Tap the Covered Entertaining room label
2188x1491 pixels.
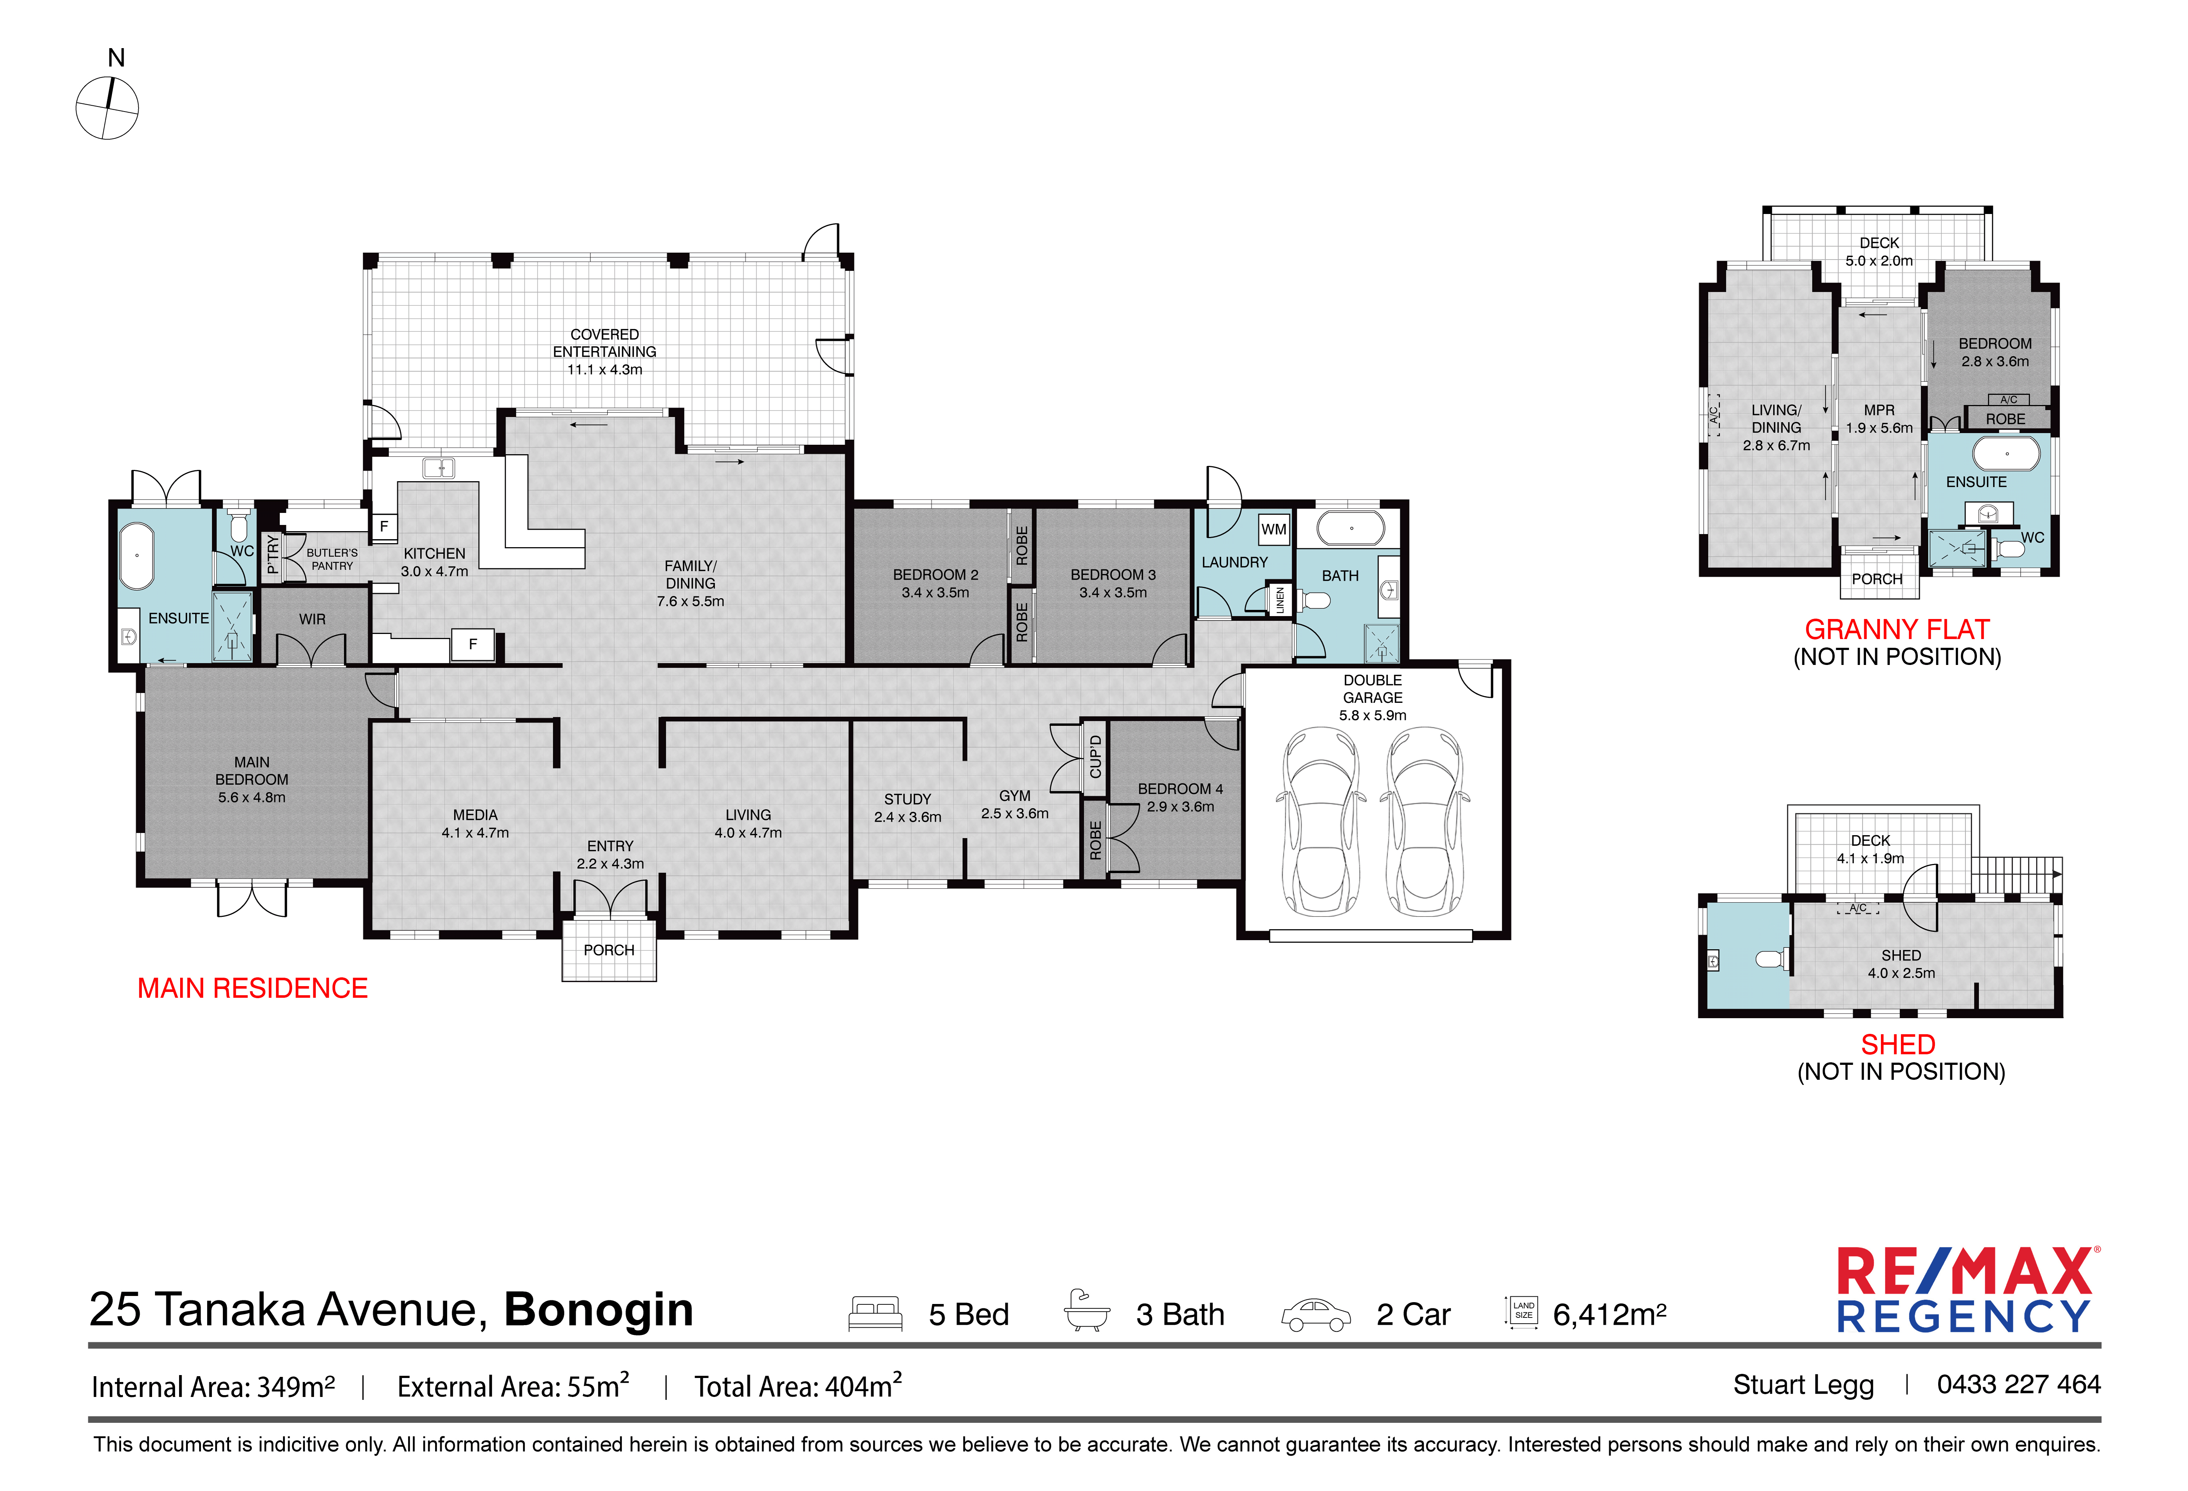604,351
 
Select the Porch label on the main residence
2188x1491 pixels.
609,950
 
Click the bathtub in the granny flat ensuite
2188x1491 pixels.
2006,454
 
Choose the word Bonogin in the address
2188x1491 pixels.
599,1309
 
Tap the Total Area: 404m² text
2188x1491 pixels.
798,1386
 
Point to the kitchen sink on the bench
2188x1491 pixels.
439,468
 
